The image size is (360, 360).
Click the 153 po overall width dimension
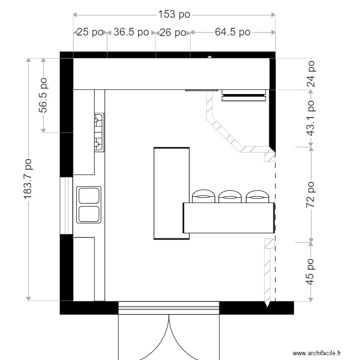pos(174,14)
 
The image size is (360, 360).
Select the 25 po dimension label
pos(90,33)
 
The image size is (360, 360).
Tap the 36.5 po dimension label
pos(131,33)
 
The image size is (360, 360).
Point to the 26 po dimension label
pos(172,33)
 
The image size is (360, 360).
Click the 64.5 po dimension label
pos(232,33)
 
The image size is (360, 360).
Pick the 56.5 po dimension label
pos(43,95)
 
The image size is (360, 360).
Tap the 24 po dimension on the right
pos(311,73)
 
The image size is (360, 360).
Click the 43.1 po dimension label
pos(311,118)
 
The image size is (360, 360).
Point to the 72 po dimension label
pos(311,194)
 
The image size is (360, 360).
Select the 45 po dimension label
pos(311,271)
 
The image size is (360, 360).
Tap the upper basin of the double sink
pos(89,196)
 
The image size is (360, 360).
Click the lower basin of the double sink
pos(89,214)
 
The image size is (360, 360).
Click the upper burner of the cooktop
pos(98,118)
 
